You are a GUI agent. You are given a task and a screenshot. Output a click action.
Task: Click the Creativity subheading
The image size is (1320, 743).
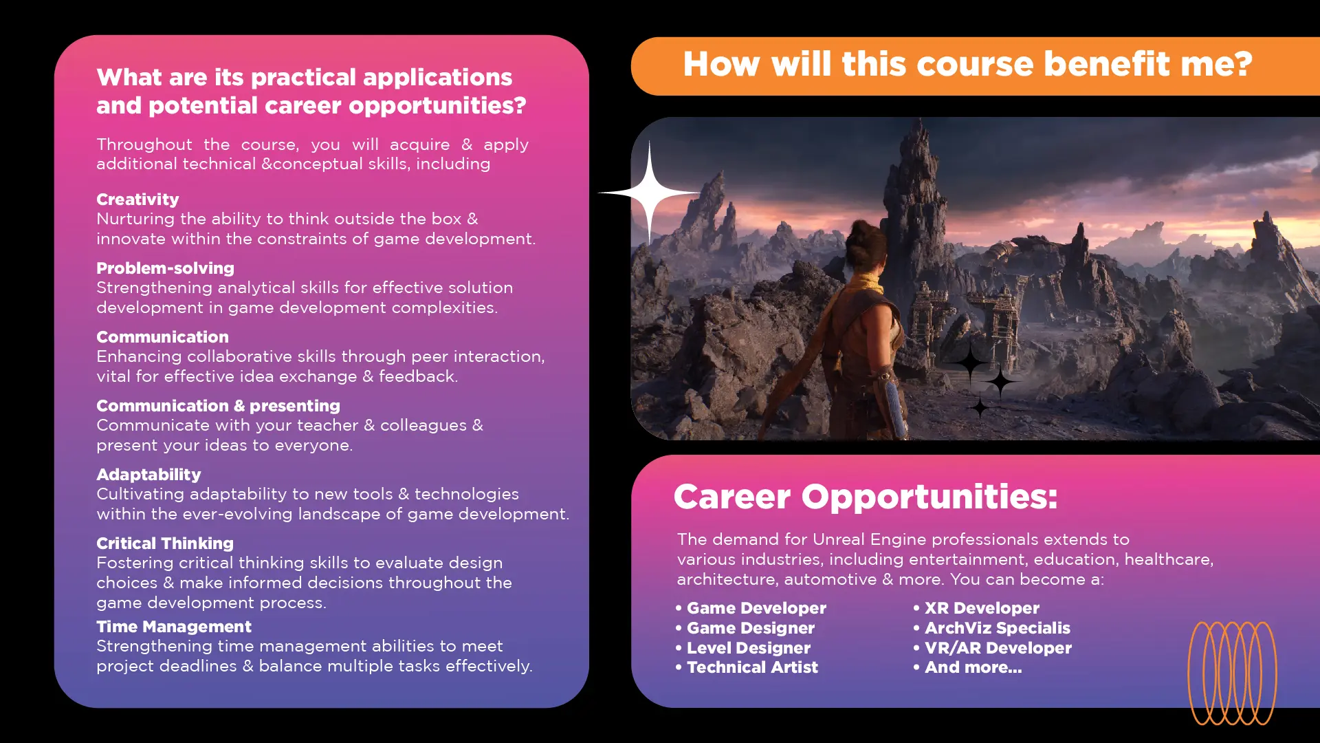137,200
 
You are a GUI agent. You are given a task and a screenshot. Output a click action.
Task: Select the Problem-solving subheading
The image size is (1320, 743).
165,268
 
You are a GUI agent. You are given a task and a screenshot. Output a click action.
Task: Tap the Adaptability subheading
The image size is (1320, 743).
148,475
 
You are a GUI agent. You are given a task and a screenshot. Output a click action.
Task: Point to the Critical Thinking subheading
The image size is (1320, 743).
165,543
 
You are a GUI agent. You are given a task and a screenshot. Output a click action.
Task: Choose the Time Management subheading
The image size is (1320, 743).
174,627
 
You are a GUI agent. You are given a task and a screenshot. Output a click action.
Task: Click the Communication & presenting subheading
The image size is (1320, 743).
218,406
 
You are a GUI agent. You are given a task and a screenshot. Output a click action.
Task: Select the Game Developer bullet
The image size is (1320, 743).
751,608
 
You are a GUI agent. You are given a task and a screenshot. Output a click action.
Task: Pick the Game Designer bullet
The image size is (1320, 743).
745,628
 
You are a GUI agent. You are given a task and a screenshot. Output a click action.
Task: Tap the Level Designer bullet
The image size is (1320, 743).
742,648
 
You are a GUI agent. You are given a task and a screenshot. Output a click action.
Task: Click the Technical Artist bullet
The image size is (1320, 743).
747,667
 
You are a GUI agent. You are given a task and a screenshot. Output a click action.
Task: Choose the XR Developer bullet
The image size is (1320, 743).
976,608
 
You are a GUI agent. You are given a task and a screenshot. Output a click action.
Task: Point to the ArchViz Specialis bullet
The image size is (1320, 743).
991,628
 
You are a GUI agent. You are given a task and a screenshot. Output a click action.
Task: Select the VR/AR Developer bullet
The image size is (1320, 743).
992,648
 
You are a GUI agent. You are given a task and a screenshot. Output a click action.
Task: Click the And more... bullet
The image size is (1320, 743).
967,667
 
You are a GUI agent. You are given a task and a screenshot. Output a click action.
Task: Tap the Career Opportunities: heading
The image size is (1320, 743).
866,497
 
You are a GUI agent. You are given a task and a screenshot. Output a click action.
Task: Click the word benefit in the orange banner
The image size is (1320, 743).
1107,64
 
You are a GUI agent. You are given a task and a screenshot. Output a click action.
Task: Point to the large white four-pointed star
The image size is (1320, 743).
649,193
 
